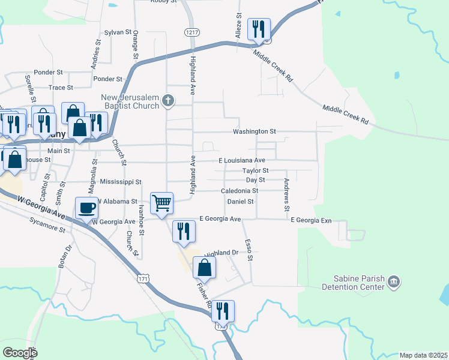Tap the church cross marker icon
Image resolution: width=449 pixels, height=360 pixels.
click(x=169, y=101)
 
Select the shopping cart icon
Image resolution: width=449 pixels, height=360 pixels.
click(x=162, y=203)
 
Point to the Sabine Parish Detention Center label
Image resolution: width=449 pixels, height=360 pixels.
click(x=360, y=283)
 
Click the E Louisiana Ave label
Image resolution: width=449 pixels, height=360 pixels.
click(x=242, y=161)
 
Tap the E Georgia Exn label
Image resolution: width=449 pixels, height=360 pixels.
click(x=311, y=220)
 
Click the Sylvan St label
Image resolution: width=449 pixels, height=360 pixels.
click(x=117, y=32)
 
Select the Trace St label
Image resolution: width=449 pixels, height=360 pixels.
click(x=61, y=88)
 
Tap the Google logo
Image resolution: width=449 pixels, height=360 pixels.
click(x=20, y=352)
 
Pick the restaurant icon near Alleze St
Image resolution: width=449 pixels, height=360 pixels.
click(x=259, y=28)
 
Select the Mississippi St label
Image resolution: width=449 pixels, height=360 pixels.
click(x=121, y=181)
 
